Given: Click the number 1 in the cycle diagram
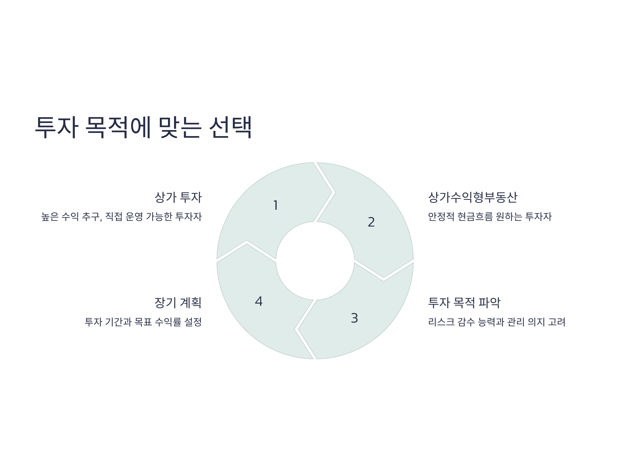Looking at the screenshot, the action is click(x=275, y=205).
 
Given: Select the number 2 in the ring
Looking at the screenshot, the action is click(x=371, y=222).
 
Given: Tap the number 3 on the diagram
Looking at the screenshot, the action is click(x=354, y=318).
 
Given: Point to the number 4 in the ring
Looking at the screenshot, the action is click(x=259, y=301).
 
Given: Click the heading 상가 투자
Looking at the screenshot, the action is click(x=178, y=197).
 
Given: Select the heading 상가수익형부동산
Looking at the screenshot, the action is click(x=472, y=197).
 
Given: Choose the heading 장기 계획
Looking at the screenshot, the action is click(x=178, y=303).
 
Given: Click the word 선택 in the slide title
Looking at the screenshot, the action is click(x=230, y=127).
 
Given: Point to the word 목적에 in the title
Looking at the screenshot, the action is click(x=118, y=127).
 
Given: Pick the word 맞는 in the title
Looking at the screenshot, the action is click(x=180, y=127).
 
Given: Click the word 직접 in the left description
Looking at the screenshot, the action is click(x=114, y=217).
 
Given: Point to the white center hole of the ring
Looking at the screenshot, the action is click(x=315, y=261).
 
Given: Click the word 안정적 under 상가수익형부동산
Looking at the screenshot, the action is click(x=441, y=217).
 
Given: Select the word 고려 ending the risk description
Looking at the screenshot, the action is click(x=556, y=322).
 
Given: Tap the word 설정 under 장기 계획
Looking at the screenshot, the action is click(x=193, y=322).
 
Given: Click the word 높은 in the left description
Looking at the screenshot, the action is click(x=50, y=217).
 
